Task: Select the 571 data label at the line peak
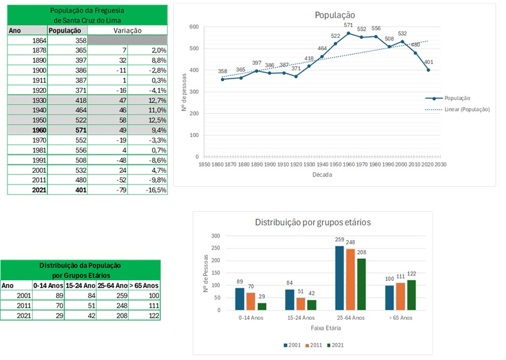click(x=348, y=25)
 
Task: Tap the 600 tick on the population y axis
click(x=194, y=27)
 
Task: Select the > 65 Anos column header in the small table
click(x=144, y=285)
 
